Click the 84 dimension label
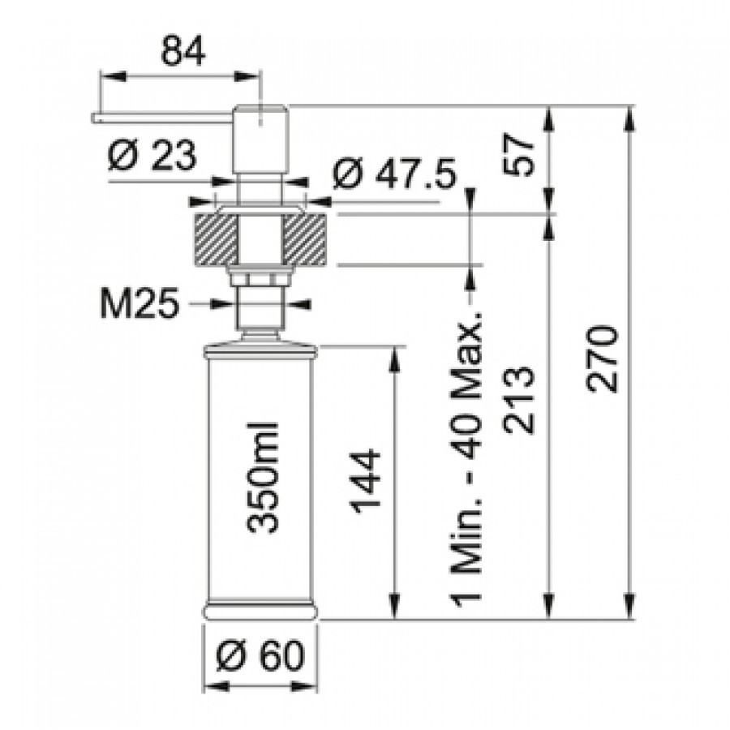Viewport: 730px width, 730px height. click(182, 51)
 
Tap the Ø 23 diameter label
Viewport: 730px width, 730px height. click(152, 156)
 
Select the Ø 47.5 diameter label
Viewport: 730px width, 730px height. click(395, 174)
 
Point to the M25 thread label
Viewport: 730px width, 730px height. click(140, 303)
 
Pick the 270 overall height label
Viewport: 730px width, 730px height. click(603, 359)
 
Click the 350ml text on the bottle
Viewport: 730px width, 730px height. click(262, 478)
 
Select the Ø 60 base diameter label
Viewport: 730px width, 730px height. click(260, 656)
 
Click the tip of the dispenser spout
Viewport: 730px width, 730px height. click(93, 118)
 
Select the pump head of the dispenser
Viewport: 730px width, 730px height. click(260, 140)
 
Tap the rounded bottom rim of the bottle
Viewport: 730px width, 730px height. click(260, 612)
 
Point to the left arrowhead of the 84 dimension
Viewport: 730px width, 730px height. click(113, 77)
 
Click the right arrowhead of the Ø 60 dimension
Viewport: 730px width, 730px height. click(306, 686)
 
